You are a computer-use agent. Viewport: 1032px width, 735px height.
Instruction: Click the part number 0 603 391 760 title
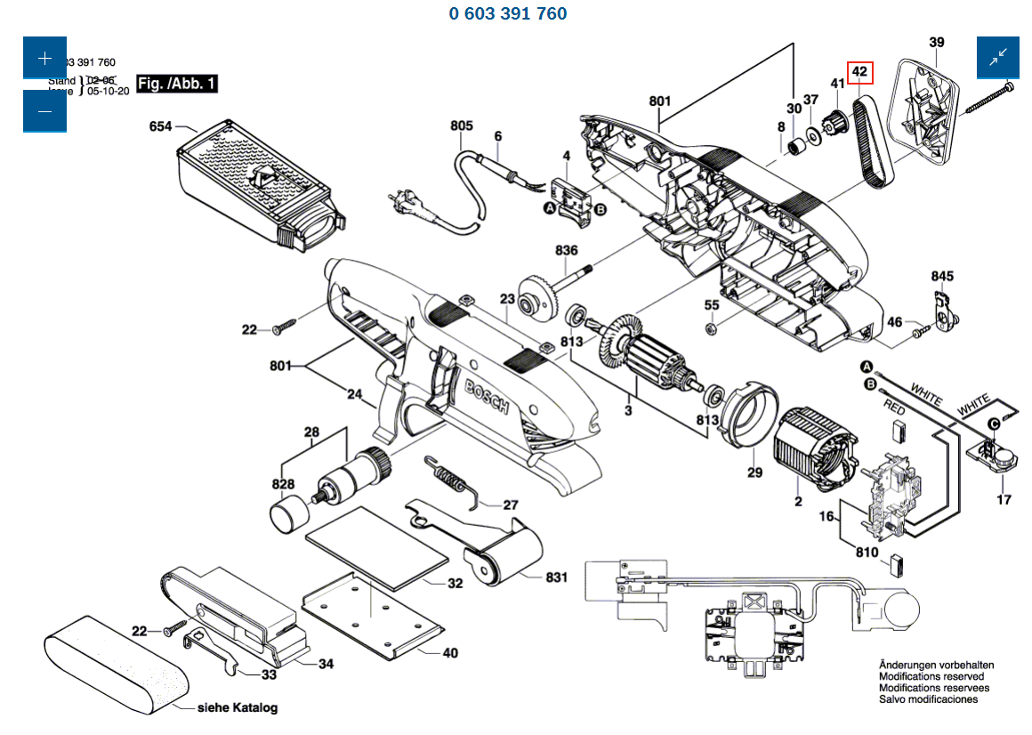(508, 13)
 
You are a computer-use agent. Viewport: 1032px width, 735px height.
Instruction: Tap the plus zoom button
(44, 58)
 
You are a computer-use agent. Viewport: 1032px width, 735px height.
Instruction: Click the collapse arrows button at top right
(998, 58)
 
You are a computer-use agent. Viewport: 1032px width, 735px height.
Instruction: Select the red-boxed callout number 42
(859, 71)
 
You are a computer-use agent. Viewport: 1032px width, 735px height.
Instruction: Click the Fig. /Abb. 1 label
(177, 84)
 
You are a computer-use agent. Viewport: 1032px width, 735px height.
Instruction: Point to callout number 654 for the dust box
(160, 126)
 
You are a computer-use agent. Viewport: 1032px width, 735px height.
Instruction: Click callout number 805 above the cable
(462, 126)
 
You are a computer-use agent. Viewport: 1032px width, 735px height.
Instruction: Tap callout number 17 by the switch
(1004, 499)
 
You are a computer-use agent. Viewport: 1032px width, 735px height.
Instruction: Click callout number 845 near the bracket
(942, 276)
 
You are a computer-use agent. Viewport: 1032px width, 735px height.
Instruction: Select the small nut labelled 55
(711, 329)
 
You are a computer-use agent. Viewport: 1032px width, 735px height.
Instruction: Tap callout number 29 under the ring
(754, 472)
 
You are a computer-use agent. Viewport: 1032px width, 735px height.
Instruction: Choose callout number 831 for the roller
(556, 577)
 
